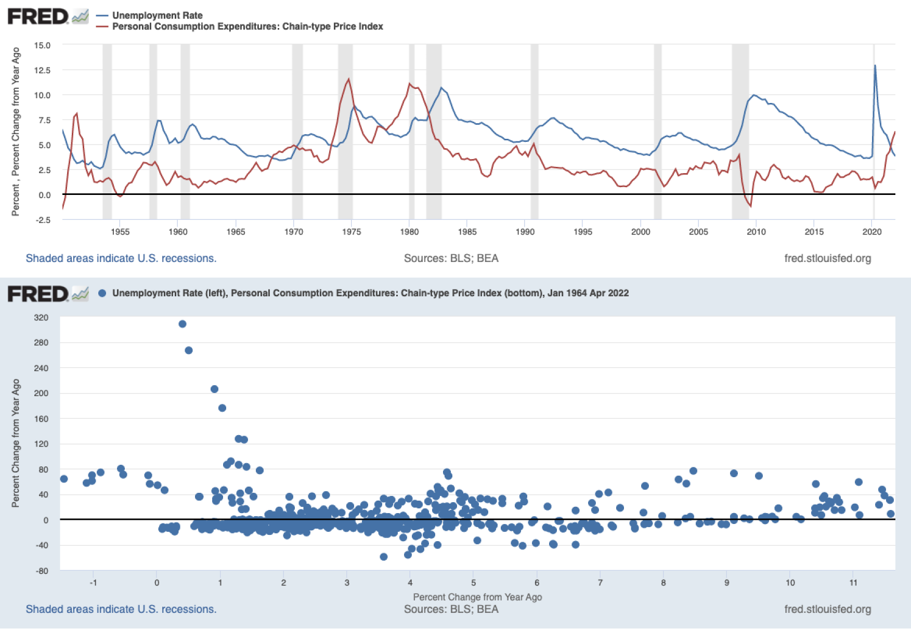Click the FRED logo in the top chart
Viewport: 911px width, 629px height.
[x=38, y=17]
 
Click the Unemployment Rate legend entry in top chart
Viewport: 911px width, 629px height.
[x=157, y=15]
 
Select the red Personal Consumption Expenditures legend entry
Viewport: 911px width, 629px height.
[x=247, y=27]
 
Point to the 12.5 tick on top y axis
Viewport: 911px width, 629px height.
[x=42, y=70]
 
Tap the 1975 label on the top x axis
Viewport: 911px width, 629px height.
[x=352, y=232]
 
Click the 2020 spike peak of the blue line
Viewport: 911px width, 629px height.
[x=875, y=66]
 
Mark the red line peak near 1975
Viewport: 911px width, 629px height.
[x=348, y=80]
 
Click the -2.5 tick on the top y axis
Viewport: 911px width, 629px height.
[x=43, y=220]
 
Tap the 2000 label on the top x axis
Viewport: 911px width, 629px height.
[x=641, y=232]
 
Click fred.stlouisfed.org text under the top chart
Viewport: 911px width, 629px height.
[x=827, y=258]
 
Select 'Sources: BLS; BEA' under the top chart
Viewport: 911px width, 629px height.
[x=451, y=258]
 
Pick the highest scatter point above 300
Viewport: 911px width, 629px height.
[x=183, y=324]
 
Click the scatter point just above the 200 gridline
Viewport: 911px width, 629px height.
[x=214, y=389]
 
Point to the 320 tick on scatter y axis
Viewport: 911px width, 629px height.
[x=41, y=318]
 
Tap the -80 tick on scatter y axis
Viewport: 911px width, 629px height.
[x=41, y=571]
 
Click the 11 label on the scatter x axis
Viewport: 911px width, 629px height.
[x=853, y=583]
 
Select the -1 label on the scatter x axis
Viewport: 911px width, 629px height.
[x=93, y=583]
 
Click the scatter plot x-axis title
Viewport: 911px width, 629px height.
[x=477, y=597]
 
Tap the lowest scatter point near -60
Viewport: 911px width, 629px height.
[x=384, y=557]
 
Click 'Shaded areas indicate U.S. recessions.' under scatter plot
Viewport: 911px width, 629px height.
[x=121, y=609]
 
